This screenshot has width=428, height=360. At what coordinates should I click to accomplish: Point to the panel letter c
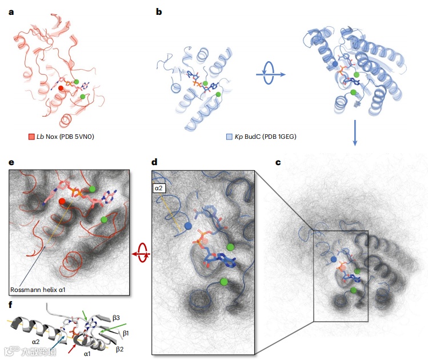click(x=278, y=162)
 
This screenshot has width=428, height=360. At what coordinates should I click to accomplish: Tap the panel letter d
click(x=154, y=162)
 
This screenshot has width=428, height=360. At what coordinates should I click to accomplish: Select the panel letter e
click(x=11, y=162)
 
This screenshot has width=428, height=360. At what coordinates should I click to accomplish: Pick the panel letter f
click(x=11, y=305)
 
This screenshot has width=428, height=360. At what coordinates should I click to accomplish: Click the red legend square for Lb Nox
click(x=32, y=137)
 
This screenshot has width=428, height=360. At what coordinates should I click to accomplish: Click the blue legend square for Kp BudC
click(x=229, y=137)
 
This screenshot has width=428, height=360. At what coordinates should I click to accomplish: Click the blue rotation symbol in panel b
click(x=267, y=74)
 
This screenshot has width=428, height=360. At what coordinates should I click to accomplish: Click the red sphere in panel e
click(x=62, y=201)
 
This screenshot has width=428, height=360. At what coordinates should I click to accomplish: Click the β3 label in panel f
click(x=116, y=316)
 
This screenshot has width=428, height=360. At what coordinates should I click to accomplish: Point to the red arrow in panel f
click(x=73, y=345)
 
